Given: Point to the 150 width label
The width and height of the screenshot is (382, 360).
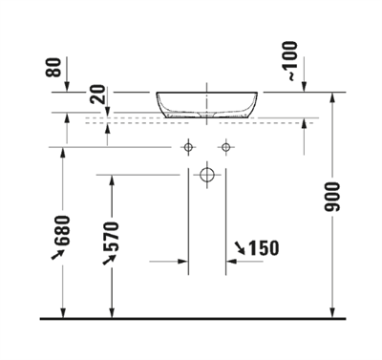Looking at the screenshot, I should (x=263, y=248).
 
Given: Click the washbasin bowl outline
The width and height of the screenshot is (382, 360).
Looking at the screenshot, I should (x=206, y=105).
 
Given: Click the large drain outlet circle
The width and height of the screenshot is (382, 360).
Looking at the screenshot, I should (x=207, y=175).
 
